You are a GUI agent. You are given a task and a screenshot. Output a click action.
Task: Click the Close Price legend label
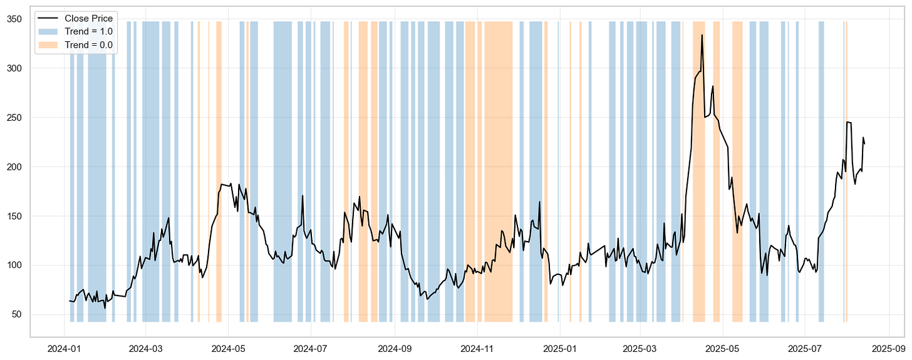[x=88, y=18]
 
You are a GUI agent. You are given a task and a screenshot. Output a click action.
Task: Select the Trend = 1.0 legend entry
[x=90, y=31]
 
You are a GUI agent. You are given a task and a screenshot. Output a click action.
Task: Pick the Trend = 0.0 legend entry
[x=90, y=44]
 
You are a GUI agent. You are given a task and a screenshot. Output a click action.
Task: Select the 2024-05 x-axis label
[x=229, y=347]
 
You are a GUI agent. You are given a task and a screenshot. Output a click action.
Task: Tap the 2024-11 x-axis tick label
[x=477, y=347]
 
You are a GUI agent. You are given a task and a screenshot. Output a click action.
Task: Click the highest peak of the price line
[x=702, y=35]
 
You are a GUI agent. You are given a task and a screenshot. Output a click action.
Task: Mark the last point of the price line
[x=864, y=144]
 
